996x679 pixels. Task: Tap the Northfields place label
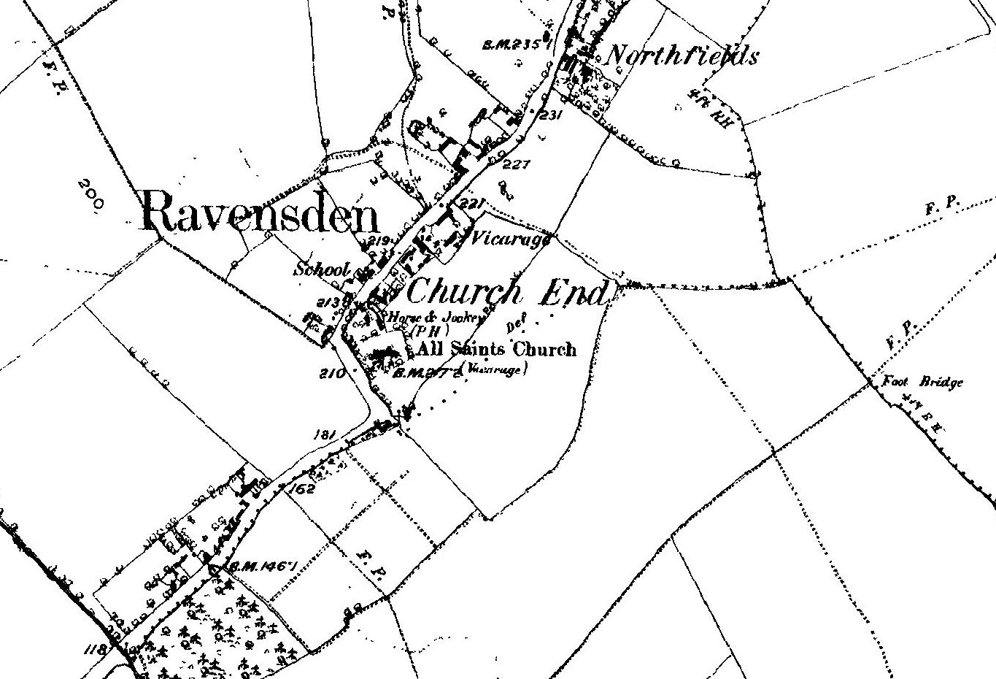[x=682, y=55]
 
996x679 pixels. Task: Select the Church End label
[x=506, y=293]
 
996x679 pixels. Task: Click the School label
[x=322, y=269]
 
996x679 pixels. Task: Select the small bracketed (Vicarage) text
[x=496, y=369]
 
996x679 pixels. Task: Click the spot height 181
[x=323, y=435]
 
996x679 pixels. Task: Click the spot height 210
[x=331, y=375]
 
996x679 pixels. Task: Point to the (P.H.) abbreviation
[x=423, y=330]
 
